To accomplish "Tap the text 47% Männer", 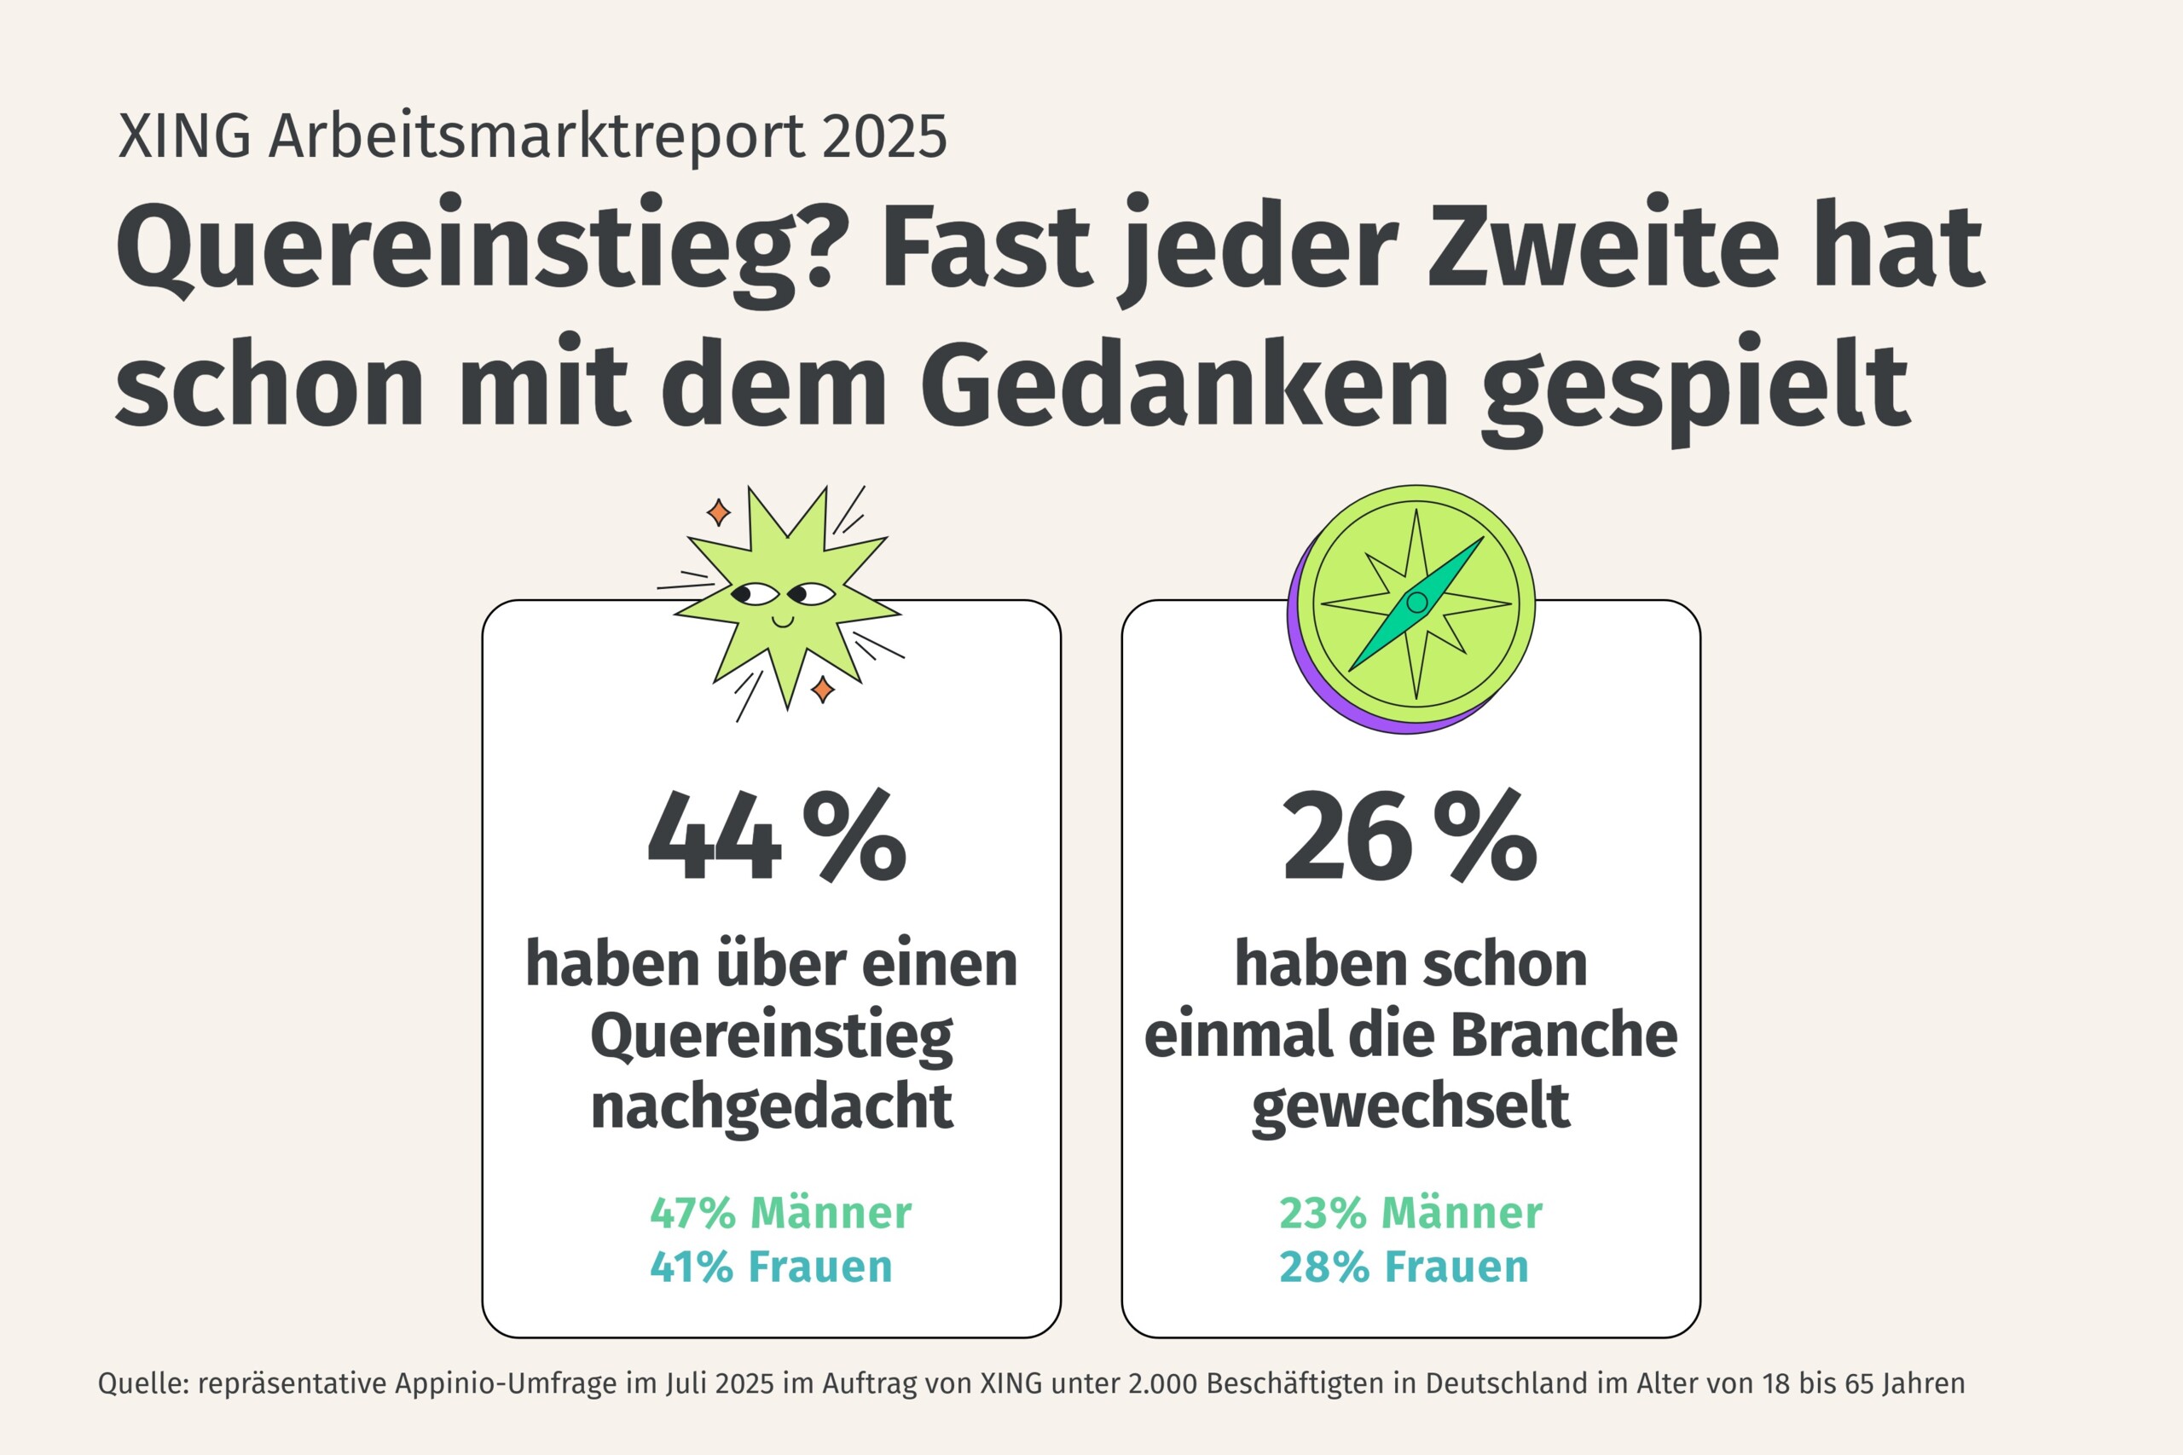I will point(780,1213).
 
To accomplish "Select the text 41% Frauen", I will point(770,1267).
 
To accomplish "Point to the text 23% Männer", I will point(1410,1213).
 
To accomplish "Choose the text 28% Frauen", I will point(1404,1267).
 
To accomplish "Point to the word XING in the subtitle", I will point(185,137).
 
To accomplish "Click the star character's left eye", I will point(752,594).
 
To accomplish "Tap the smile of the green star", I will point(783,620).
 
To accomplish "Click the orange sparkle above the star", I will point(718,512).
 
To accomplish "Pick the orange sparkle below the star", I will point(822,689).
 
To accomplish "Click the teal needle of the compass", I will point(1416,603).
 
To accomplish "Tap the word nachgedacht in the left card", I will point(771,1107).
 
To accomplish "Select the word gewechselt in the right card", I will point(1410,1107).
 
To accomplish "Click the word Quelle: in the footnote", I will point(143,1383).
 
